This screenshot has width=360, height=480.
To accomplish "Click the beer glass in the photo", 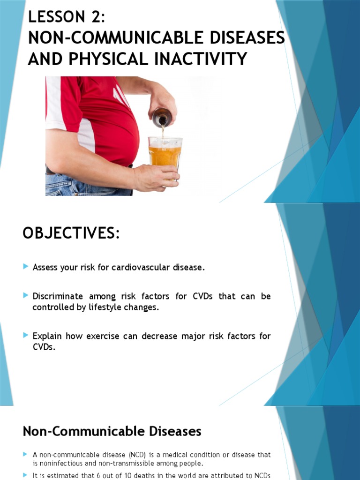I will click(165, 153).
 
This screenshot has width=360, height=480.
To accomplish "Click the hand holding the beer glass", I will click(155, 177).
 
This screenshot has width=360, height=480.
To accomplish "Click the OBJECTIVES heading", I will click(71, 233).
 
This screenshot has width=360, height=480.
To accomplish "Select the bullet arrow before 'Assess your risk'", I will click(26, 267).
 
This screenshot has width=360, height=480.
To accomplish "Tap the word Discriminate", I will click(58, 296).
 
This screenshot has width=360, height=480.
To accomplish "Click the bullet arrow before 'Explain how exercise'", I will click(26, 335).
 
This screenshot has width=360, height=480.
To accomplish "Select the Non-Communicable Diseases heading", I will click(112, 431).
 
